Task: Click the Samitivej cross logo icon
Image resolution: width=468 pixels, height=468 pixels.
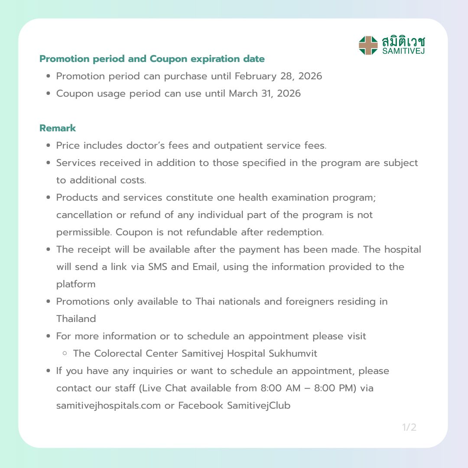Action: (x=368, y=45)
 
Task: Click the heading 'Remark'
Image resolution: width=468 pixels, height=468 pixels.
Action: (x=58, y=128)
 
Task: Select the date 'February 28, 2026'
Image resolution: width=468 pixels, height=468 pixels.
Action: (x=278, y=76)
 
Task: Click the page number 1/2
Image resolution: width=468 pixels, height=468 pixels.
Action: (x=409, y=428)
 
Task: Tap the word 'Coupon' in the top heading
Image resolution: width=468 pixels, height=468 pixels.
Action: (x=168, y=59)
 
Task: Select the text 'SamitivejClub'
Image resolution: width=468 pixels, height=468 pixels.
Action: (x=259, y=406)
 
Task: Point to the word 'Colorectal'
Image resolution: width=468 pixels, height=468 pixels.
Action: (x=118, y=354)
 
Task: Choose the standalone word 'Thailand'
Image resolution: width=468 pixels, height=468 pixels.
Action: (x=76, y=319)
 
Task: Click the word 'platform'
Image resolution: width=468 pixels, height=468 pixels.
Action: (x=76, y=284)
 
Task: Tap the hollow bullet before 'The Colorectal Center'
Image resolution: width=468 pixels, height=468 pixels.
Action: (x=65, y=354)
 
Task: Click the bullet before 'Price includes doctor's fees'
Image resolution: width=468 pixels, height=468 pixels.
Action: (x=49, y=146)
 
